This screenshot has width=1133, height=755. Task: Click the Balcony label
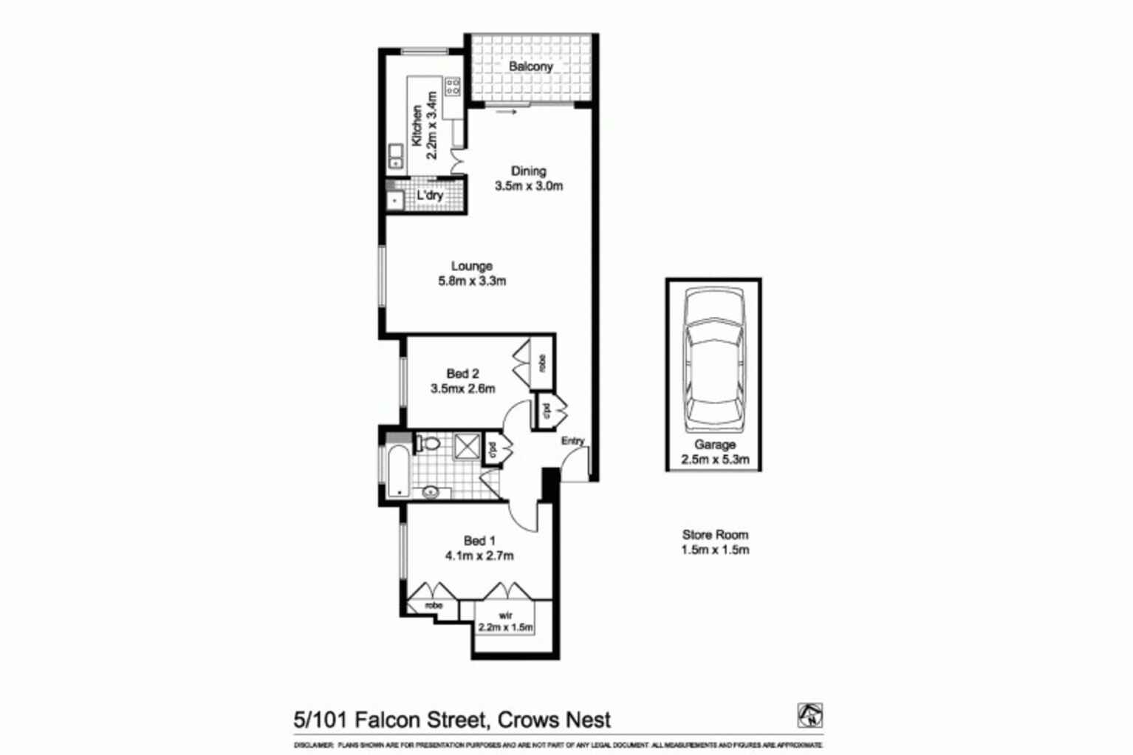tap(530, 66)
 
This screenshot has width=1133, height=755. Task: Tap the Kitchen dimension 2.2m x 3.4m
tap(433, 125)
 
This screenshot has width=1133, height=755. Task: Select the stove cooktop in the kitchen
tap(453, 86)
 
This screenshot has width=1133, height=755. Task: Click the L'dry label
tap(430, 196)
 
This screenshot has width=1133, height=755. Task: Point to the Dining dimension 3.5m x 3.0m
tap(529, 186)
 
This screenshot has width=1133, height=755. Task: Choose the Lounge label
tap(472, 266)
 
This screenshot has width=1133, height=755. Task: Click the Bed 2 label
tap(462, 374)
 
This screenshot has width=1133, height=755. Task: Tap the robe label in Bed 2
tap(543, 363)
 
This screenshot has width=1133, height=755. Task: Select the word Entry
tap(572, 441)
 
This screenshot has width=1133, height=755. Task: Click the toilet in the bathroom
tap(429, 444)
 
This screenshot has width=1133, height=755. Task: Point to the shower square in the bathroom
tap(467, 446)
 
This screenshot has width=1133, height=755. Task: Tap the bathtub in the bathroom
tap(397, 471)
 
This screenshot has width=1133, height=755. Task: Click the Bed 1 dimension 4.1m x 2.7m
tap(479, 556)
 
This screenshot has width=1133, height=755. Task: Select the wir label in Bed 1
tap(505, 615)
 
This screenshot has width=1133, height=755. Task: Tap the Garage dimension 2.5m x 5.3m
tap(714, 460)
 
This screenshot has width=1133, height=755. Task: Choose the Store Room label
tap(715, 535)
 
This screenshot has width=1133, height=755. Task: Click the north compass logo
tap(809, 715)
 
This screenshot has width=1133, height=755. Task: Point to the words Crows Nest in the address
tap(554, 720)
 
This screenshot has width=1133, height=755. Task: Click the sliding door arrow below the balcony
tap(506, 112)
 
